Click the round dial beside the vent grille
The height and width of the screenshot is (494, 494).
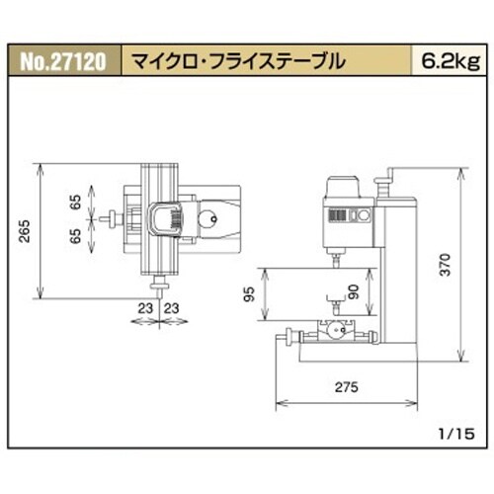point(363,216)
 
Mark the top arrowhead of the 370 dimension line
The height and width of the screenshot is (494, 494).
point(461,170)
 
